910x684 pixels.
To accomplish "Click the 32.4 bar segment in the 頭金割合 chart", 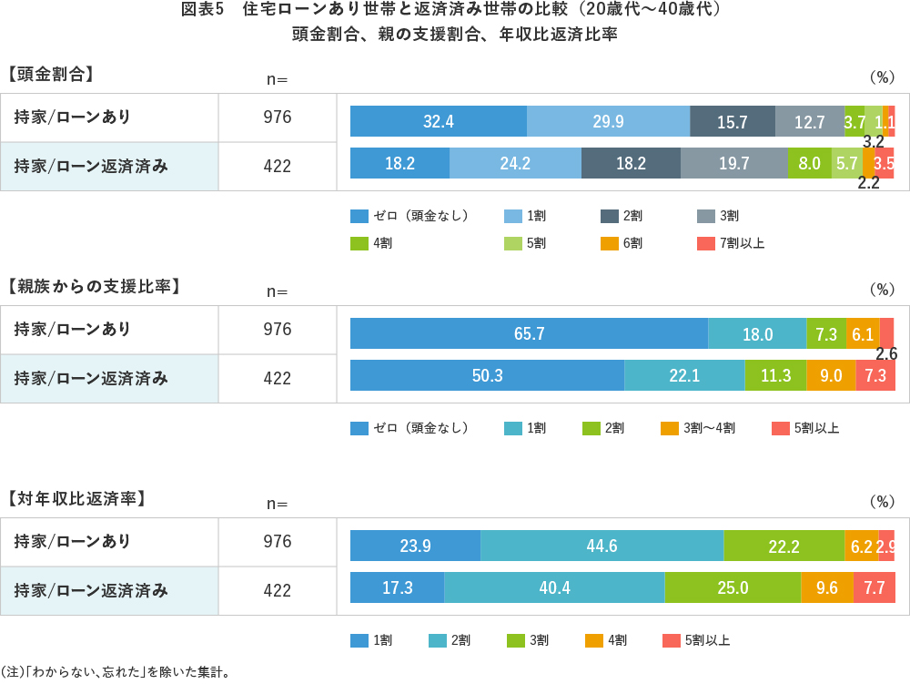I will (438, 121).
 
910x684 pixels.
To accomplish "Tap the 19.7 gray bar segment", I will (733, 163).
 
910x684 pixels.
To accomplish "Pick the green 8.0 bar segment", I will (809, 163).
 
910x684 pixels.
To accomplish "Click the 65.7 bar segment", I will (529, 333).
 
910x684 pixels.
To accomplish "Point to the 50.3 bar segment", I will (487, 375).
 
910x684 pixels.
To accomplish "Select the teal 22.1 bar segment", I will (684, 375).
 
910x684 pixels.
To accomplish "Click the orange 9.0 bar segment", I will (831, 375).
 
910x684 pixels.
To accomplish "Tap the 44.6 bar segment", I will (602, 546).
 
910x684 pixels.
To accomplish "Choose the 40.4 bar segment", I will (554, 587).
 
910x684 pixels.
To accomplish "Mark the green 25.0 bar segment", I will (733, 587).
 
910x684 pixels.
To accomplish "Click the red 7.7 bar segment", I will (875, 587).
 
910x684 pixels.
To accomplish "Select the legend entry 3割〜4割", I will (698, 428).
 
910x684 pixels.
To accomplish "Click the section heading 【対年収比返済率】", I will (76, 498).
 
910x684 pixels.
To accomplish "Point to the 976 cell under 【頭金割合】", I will (277, 117).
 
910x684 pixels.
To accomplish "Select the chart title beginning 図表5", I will (455, 11).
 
